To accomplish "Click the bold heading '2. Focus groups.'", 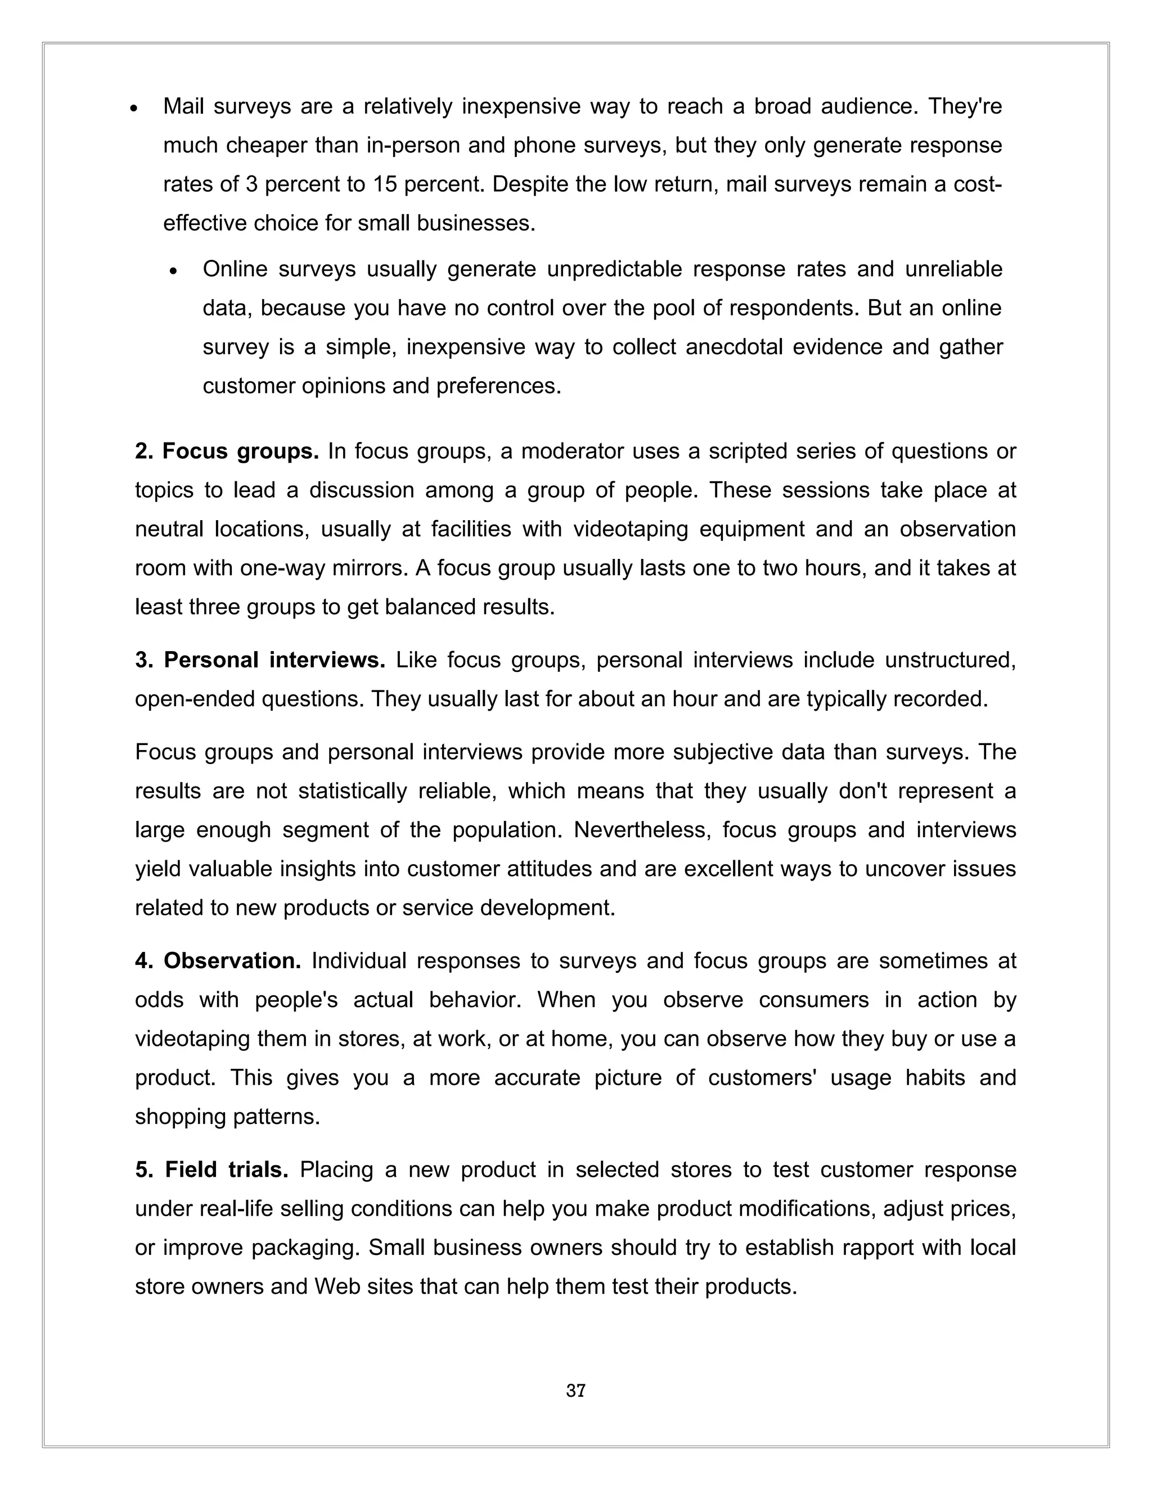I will point(227,451).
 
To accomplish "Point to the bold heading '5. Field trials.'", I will point(211,1170).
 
